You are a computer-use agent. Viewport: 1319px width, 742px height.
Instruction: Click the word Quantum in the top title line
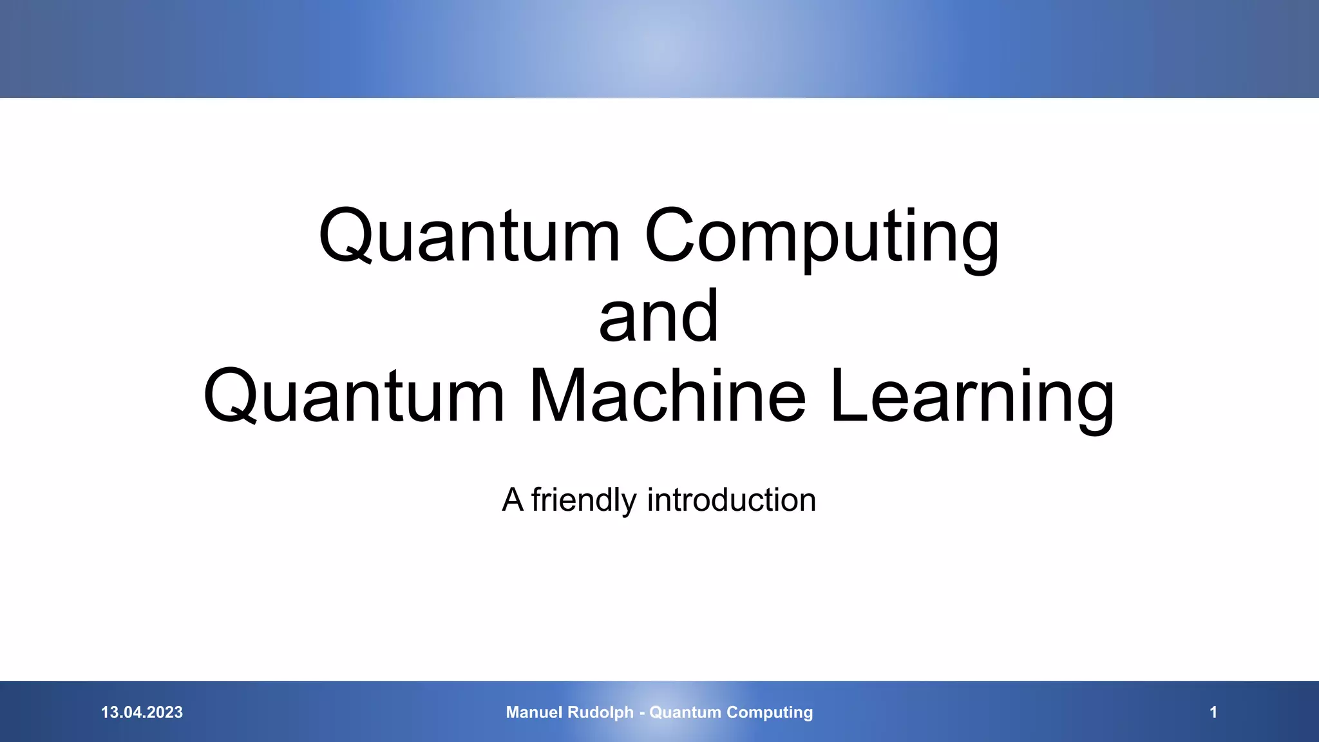pos(469,236)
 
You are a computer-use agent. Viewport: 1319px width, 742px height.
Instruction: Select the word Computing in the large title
pos(822,236)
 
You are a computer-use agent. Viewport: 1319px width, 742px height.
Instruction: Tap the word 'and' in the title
pos(658,316)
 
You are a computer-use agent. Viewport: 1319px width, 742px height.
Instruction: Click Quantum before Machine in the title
pos(354,397)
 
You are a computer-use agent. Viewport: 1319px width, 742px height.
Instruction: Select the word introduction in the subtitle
pos(732,500)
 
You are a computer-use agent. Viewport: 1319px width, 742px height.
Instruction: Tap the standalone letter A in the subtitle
pos(513,500)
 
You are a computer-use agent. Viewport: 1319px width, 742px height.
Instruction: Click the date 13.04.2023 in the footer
pos(142,712)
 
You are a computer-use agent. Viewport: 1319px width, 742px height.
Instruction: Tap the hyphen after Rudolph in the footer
pos(641,713)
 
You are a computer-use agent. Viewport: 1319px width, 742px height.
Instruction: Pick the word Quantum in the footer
pos(685,712)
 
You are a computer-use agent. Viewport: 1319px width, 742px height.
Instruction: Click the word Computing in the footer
pos(770,712)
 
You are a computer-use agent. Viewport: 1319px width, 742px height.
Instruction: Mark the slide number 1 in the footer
pos(1213,712)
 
